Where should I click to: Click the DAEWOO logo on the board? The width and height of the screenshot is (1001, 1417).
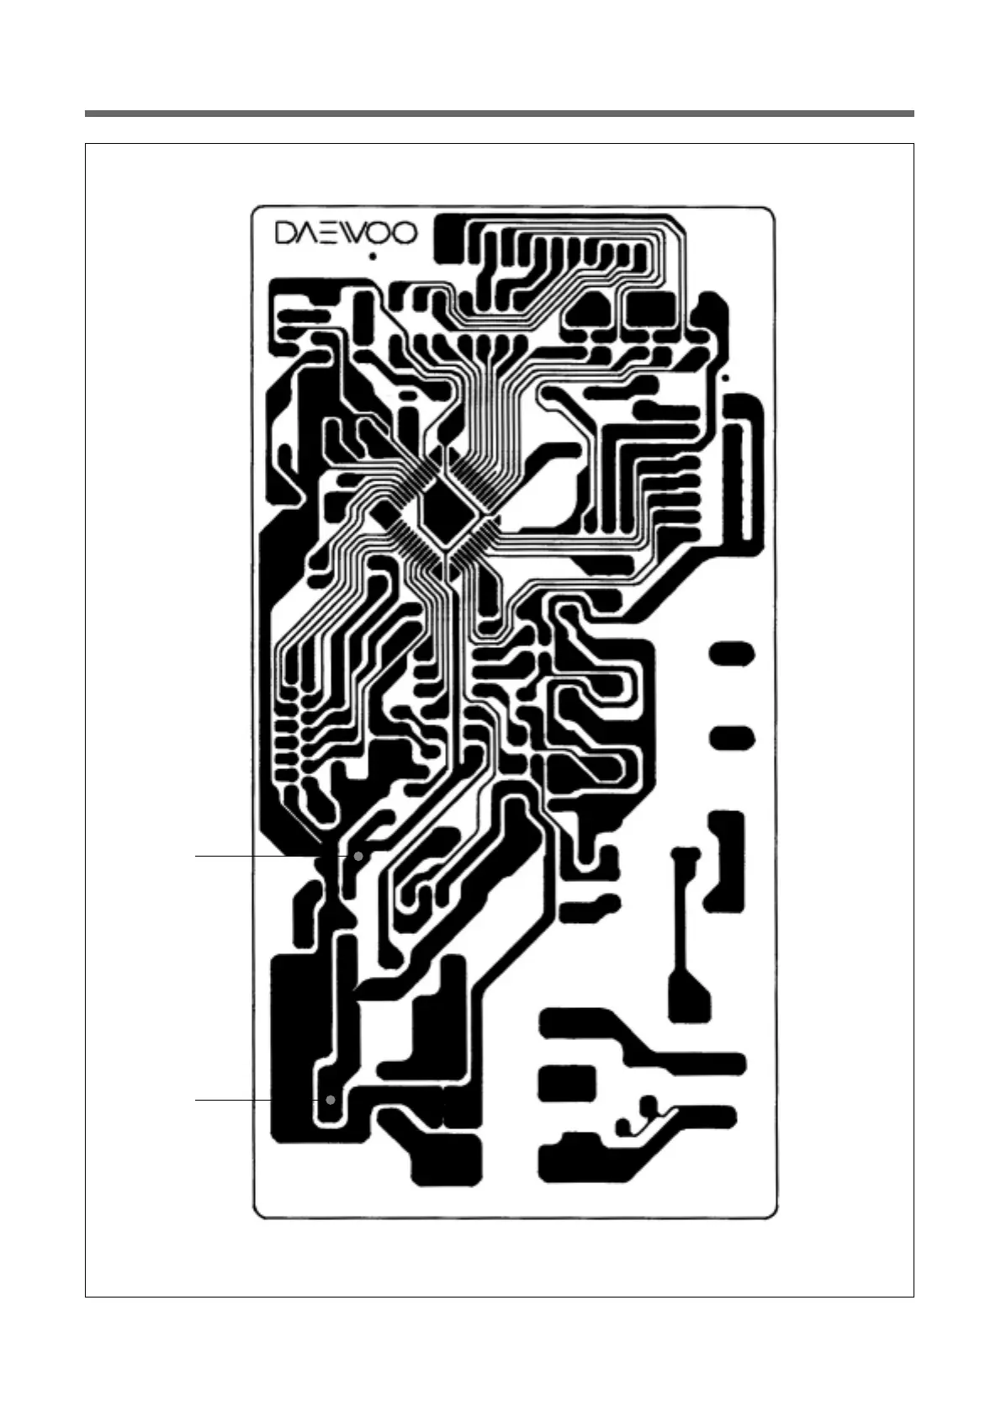(347, 233)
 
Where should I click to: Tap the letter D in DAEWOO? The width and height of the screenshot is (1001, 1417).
(287, 233)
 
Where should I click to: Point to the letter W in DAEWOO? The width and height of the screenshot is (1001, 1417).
(357, 233)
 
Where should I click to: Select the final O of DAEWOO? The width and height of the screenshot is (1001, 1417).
(405, 233)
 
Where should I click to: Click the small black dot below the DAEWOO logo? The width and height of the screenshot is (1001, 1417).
(372, 256)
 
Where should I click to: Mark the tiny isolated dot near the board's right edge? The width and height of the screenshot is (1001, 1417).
(726, 378)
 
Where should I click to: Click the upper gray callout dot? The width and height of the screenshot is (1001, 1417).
(359, 855)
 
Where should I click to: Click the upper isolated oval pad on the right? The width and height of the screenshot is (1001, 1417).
(733, 654)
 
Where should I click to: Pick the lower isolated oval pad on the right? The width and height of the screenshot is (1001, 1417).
(733, 739)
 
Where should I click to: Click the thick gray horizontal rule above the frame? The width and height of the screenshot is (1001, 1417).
(499, 114)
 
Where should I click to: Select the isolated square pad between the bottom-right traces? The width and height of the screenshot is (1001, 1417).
(566, 1083)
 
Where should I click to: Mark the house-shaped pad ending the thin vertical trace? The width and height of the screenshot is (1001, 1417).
(688, 997)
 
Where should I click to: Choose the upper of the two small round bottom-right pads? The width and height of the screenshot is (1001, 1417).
(649, 1104)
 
